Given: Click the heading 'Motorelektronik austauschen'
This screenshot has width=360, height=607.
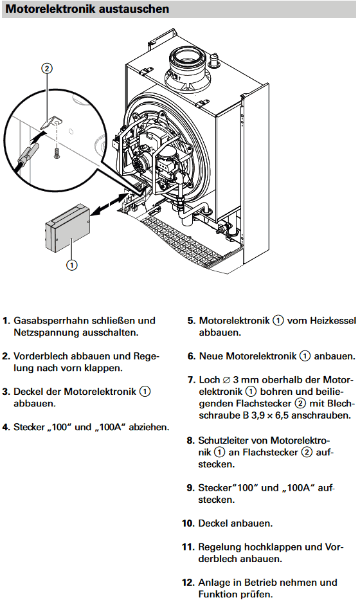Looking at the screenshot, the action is [87, 9].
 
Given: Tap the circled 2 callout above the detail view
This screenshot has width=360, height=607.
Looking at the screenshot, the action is [47, 69].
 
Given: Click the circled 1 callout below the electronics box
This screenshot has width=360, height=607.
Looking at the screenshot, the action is [71, 265].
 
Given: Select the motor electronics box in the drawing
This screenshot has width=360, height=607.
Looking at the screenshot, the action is [67, 228].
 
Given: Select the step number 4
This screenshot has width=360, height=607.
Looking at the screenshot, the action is [5, 428].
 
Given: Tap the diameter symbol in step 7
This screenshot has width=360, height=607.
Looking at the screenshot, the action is [226, 380].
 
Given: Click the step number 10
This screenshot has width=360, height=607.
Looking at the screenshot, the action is [188, 523].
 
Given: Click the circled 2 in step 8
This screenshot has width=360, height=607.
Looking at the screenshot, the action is [307, 452].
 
